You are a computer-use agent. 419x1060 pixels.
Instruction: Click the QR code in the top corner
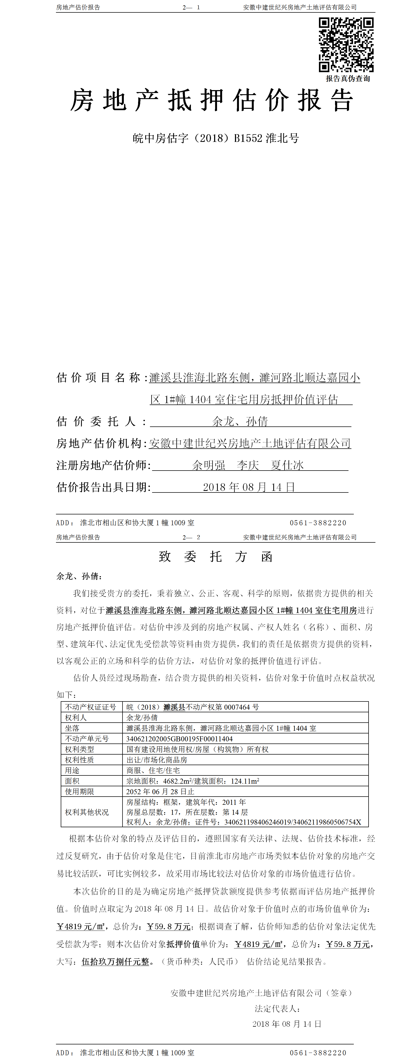point(346,44)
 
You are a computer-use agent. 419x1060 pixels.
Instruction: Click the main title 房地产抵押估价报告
point(211,100)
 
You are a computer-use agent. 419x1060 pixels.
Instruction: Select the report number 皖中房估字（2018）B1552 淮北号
point(215,138)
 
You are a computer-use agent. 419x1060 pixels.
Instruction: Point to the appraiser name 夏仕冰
point(287,465)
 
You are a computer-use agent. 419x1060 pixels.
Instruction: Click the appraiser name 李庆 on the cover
point(248,465)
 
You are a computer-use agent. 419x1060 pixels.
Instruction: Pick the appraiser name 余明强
point(209,465)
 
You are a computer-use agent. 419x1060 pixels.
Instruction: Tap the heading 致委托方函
point(215,557)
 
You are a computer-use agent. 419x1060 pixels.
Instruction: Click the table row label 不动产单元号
point(87,739)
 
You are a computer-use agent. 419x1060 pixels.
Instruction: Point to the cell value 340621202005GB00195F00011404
point(179,739)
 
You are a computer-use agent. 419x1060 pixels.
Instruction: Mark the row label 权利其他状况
point(87,812)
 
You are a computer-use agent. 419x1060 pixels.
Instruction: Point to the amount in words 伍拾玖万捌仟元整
point(115,962)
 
